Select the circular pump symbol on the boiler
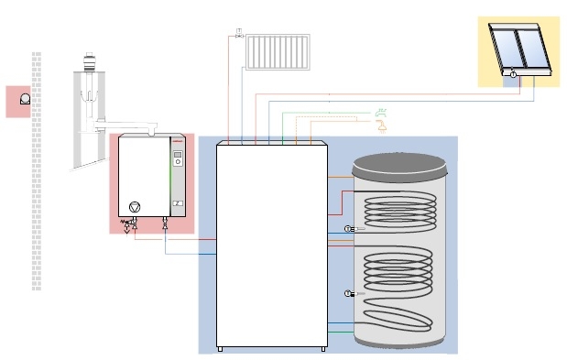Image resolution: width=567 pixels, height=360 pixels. point(135,207)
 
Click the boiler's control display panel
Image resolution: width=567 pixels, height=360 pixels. point(178,162)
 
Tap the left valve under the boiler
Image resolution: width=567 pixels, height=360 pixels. point(135,223)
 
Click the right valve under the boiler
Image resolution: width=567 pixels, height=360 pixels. point(164,223)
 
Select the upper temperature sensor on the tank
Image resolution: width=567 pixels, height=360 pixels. point(348,228)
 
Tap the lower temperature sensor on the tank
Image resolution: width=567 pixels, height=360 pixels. point(348,293)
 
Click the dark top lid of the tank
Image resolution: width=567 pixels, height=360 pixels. point(401,166)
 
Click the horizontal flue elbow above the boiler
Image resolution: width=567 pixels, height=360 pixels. point(128,123)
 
